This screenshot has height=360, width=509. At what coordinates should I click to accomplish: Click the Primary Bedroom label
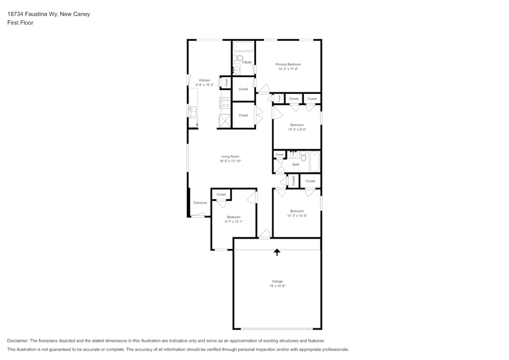coord(288,64)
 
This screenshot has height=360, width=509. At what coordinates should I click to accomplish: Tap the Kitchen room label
coord(204,80)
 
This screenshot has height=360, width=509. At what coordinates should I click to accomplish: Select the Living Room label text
coord(230,157)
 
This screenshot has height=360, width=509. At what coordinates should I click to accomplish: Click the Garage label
coord(277,281)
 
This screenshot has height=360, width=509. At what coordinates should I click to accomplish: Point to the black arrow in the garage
coord(277,252)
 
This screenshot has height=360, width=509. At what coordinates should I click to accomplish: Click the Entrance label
coord(200,203)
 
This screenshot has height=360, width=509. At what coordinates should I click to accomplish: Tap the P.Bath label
coord(247,62)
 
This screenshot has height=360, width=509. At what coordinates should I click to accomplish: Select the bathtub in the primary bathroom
coord(244,46)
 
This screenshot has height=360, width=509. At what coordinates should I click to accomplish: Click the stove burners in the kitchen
coord(226,103)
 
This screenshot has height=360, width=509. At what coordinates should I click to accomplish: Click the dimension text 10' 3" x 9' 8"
coord(297,129)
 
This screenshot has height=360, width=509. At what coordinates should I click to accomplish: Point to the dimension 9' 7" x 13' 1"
coord(234,222)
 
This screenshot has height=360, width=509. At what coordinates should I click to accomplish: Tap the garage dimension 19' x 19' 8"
coord(277,286)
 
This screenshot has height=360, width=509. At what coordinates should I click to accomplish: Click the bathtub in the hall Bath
coord(315,161)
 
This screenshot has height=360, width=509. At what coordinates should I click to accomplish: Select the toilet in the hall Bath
coord(304,156)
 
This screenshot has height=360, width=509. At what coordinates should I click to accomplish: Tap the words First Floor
coord(20,23)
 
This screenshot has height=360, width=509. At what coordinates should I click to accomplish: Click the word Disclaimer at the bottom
coord(17,341)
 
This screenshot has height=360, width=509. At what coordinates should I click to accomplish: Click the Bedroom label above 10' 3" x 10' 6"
coord(297,211)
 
